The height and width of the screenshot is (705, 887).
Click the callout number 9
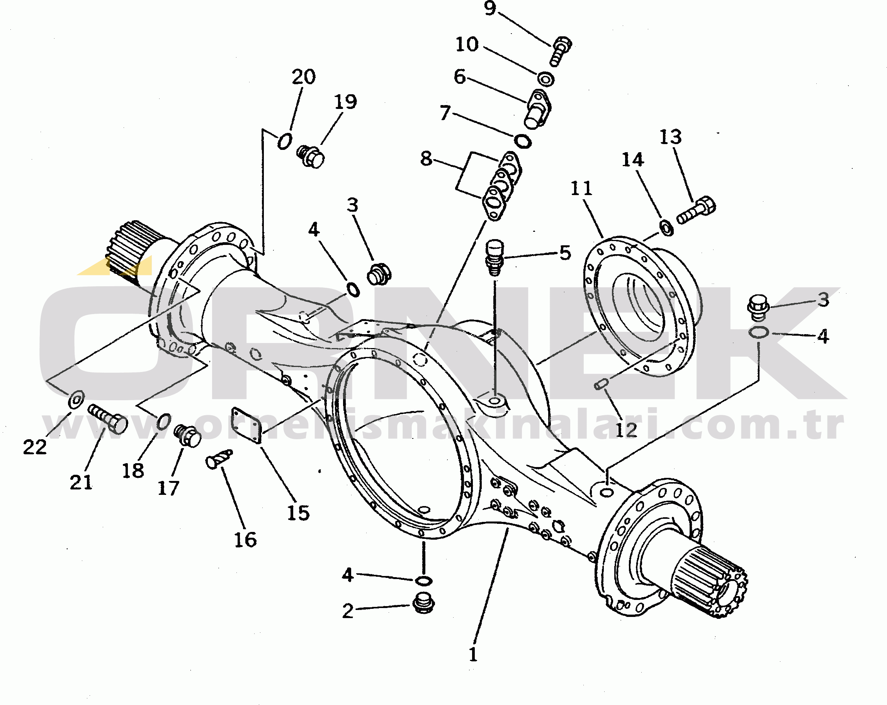pyautogui.click(x=489, y=8)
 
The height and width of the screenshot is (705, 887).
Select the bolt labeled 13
pyautogui.click(x=696, y=210)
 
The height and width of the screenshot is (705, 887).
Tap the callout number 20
pyautogui.click(x=304, y=77)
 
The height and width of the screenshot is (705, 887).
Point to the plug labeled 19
pyautogui.click(x=311, y=156)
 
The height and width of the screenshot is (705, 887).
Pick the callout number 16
pyautogui.click(x=245, y=540)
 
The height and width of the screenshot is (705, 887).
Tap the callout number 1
pyautogui.click(x=473, y=654)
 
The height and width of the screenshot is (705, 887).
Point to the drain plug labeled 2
pyautogui.click(x=423, y=603)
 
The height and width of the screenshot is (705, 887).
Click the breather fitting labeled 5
pyautogui.click(x=494, y=258)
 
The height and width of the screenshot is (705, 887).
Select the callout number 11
pyautogui.click(x=581, y=189)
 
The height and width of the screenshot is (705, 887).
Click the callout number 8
pyautogui.click(x=426, y=159)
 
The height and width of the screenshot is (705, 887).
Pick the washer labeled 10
pyautogui.click(x=546, y=79)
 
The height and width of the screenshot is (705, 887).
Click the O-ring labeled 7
pyautogui.click(x=522, y=141)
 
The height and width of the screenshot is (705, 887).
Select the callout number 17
pyautogui.click(x=168, y=488)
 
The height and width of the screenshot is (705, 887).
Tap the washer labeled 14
pyautogui.click(x=666, y=228)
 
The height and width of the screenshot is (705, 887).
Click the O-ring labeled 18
pyautogui.click(x=163, y=421)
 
